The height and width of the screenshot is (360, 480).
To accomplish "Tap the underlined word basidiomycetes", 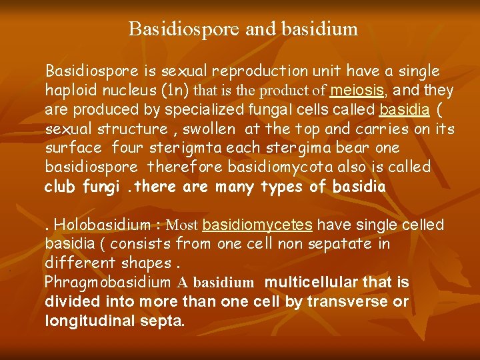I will [257, 225].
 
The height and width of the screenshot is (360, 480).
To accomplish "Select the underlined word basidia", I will [401, 109].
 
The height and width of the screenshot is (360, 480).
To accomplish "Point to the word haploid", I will [71, 91].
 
